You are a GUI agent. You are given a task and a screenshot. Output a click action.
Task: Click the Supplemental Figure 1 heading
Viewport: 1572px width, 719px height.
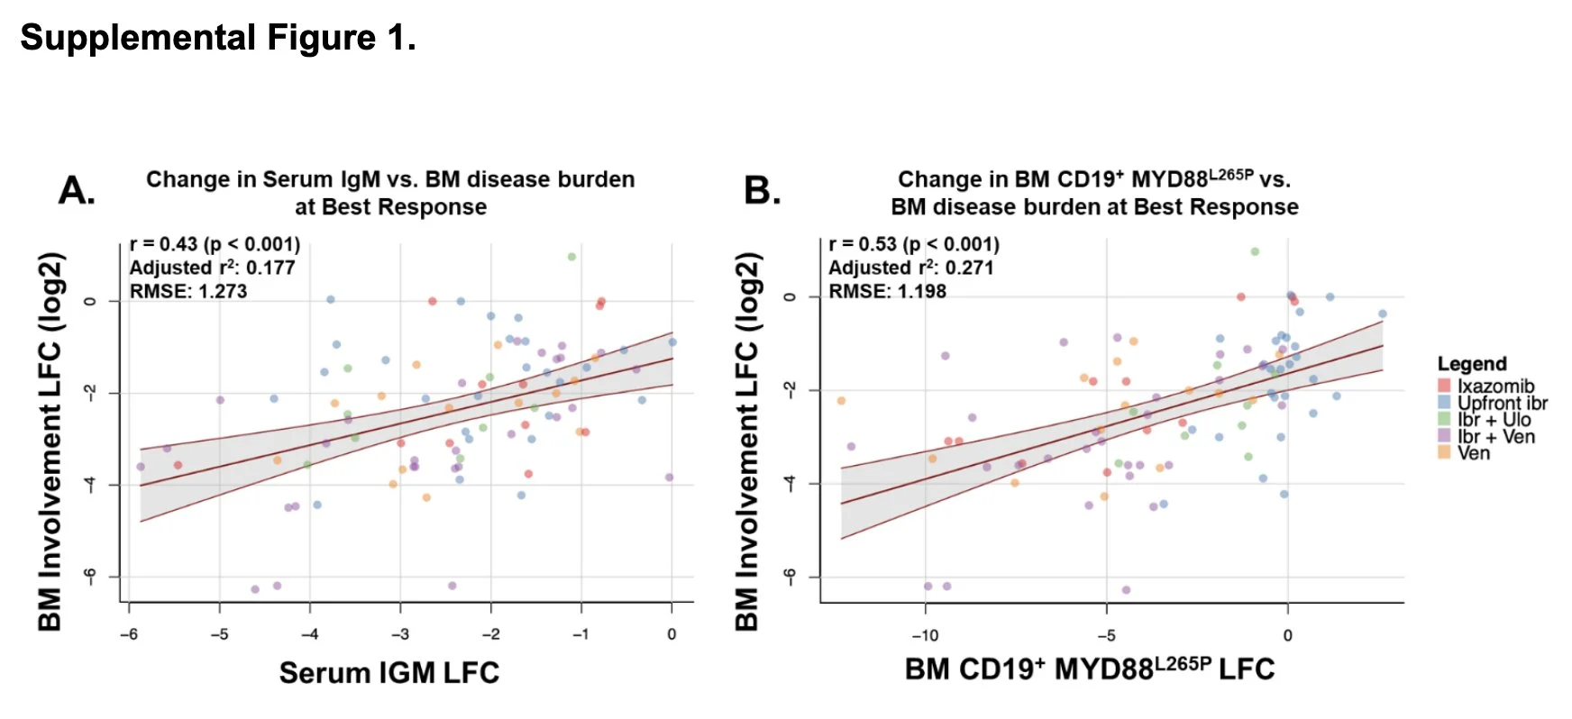click(x=217, y=38)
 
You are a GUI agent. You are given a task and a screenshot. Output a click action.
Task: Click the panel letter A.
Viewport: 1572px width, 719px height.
click(x=77, y=191)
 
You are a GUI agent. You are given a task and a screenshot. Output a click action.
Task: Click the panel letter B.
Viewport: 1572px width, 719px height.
click(x=762, y=191)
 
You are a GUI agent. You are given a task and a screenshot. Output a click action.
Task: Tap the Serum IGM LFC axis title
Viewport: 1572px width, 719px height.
click(x=388, y=673)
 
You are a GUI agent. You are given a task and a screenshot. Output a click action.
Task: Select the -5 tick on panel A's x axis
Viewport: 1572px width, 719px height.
click(x=219, y=634)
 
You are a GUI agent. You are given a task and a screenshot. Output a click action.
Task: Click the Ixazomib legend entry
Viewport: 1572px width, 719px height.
click(x=1494, y=387)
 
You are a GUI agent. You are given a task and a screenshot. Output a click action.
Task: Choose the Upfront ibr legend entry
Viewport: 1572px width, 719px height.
click(x=1502, y=404)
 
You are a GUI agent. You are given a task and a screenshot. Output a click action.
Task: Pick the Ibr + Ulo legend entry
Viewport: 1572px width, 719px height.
click(x=1494, y=420)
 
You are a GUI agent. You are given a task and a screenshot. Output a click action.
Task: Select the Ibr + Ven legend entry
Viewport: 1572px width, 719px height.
click(x=1495, y=437)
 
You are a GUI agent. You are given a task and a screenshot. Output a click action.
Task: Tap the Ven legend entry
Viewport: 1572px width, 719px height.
click(x=1473, y=453)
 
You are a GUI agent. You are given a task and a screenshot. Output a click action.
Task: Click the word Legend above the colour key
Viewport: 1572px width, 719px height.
click(x=1471, y=364)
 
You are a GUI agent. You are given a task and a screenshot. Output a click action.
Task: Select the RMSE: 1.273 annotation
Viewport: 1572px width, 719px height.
click(x=187, y=291)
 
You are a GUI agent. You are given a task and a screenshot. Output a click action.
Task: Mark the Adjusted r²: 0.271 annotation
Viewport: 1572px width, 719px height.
click(x=910, y=268)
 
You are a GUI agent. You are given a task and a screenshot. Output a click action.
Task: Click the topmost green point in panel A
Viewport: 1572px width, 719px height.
click(x=571, y=257)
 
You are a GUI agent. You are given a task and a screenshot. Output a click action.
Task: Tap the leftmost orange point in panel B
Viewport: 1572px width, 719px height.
click(x=841, y=401)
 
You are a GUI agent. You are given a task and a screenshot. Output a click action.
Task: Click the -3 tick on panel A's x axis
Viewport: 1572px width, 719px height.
click(x=400, y=634)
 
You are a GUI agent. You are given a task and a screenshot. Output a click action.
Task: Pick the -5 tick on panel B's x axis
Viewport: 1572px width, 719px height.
click(x=1106, y=635)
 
